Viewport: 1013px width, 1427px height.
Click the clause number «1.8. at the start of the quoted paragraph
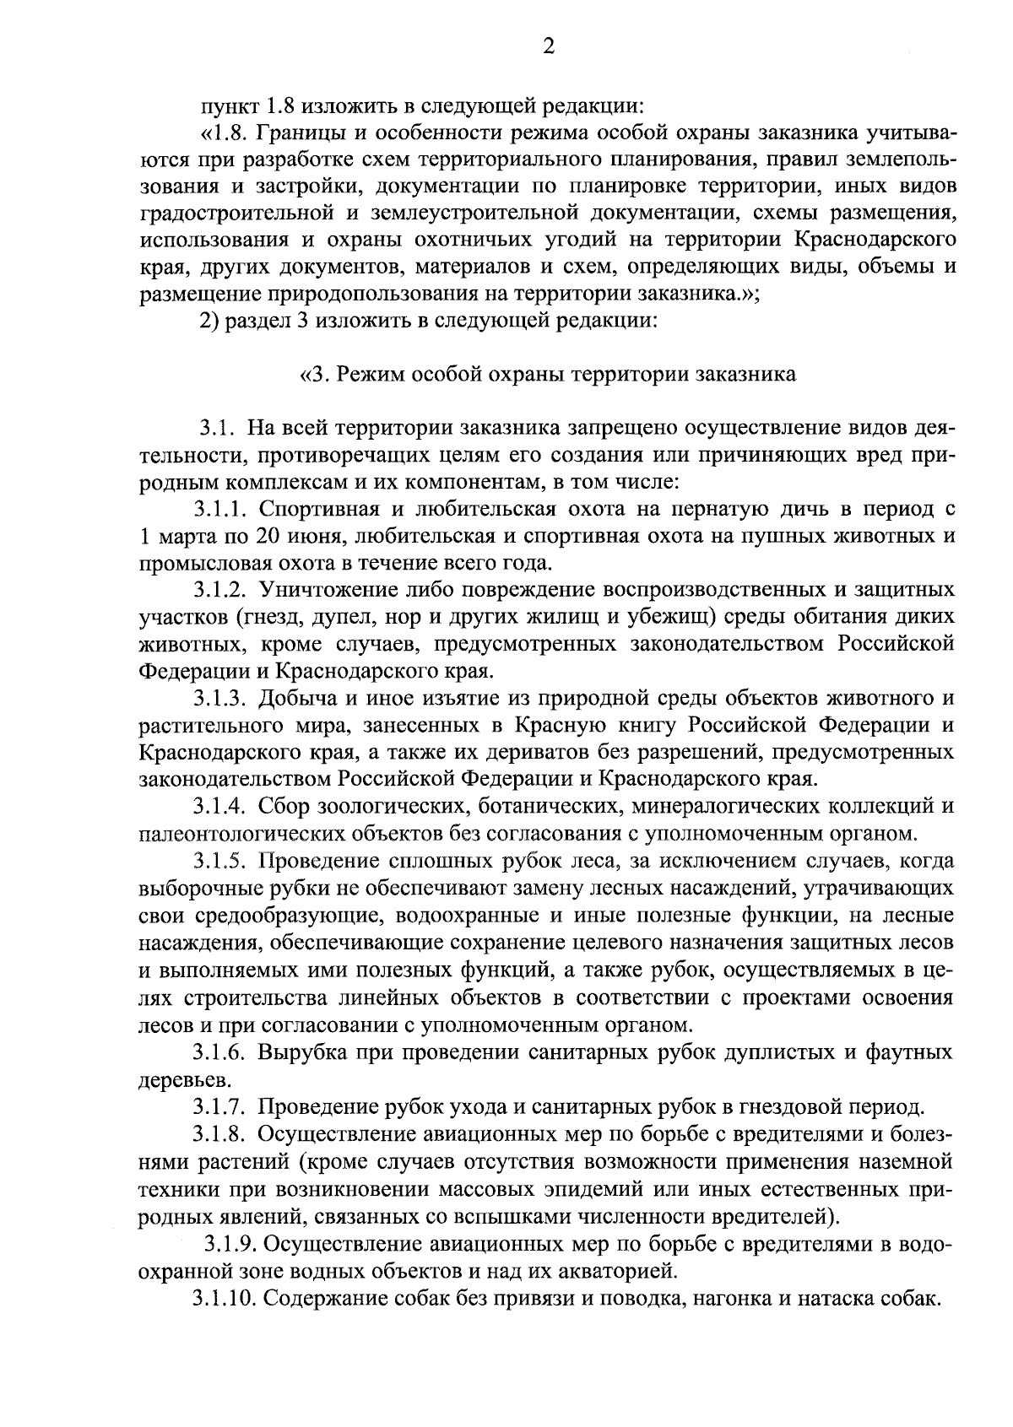(224, 134)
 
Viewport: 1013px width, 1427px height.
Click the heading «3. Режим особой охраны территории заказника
(548, 375)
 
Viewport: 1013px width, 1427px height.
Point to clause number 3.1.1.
(221, 510)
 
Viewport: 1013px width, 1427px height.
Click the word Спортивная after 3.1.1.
(309, 510)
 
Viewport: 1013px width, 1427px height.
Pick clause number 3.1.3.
(221, 699)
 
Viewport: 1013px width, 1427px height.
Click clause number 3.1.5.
(221, 862)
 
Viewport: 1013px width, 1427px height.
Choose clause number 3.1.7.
(221, 1107)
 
